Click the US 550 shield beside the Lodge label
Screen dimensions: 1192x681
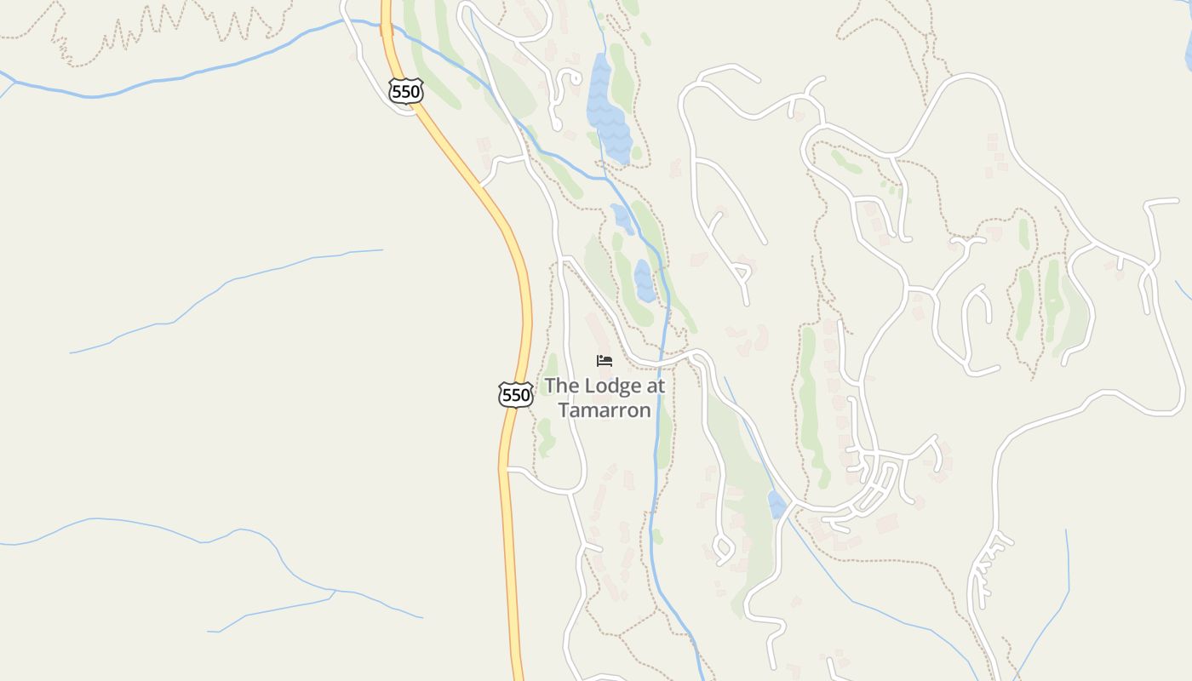[x=515, y=394]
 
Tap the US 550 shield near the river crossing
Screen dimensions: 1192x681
[x=405, y=90]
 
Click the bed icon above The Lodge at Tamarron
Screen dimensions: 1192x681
[x=605, y=360]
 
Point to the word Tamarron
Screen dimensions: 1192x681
[x=605, y=410]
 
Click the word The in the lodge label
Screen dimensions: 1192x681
[x=559, y=386]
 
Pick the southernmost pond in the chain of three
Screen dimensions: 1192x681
[x=645, y=281]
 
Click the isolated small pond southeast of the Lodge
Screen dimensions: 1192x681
[x=777, y=504]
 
